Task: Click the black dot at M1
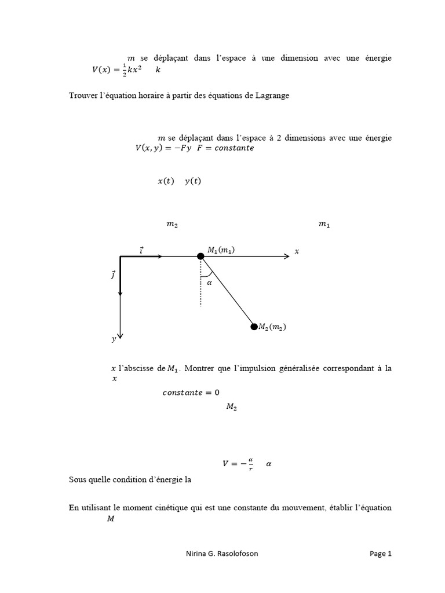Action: [x=200, y=256]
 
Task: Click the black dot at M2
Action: [x=254, y=327]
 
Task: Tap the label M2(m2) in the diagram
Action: [x=272, y=327]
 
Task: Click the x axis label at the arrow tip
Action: [x=297, y=251]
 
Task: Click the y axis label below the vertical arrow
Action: [x=114, y=340]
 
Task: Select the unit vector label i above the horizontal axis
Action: [x=141, y=250]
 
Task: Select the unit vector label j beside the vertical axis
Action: [x=113, y=274]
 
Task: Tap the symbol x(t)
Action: [x=166, y=181]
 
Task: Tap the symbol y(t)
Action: [x=193, y=181]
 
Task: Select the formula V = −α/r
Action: [x=239, y=463]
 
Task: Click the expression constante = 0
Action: [x=191, y=393]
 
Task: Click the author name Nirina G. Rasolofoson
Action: [x=218, y=554]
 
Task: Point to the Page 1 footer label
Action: [x=381, y=554]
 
